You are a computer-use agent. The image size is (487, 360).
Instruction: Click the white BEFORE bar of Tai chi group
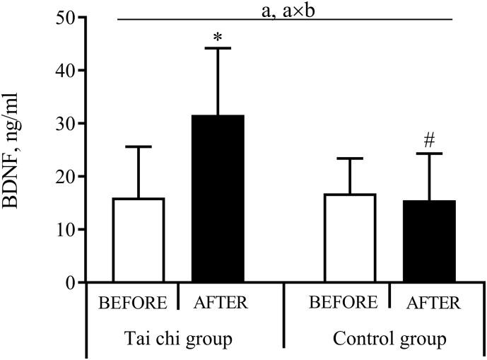[139, 240]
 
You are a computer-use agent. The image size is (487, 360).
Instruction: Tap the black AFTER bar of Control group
[429, 241]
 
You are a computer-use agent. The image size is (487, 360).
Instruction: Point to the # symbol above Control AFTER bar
[429, 141]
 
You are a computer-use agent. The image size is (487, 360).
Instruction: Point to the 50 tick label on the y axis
[65, 17]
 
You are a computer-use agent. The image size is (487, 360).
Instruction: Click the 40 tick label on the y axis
[65, 70]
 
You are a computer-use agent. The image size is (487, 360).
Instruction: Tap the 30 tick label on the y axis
[65, 123]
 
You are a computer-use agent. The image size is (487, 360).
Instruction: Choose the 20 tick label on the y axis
[65, 176]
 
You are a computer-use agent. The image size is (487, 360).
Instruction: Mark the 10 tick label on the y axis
[65, 229]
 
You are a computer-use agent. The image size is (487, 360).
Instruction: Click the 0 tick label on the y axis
[70, 282]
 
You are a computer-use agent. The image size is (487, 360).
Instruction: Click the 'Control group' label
[389, 339]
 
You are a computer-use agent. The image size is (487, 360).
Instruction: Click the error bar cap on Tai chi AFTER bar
[218, 48]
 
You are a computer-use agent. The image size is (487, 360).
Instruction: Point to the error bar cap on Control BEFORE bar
[348, 158]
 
